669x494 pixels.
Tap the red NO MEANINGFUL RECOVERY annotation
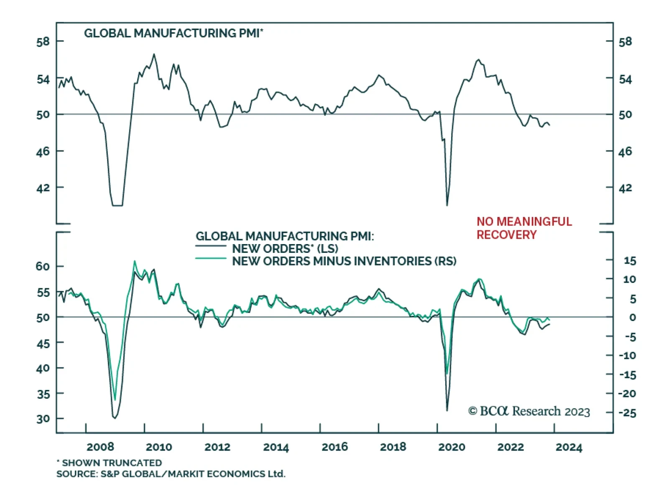[x=524, y=228]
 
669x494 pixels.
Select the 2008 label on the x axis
[x=100, y=447]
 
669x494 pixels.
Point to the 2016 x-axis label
[x=334, y=447]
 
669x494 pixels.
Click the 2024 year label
[x=569, y=447]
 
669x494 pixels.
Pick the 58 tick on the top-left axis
[x=43, y=42]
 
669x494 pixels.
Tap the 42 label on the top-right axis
[x=625, y=188]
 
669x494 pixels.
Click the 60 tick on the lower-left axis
[x=43, y=266]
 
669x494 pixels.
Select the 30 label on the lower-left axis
[x=43, y=419]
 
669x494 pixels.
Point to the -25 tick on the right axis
[x=627, y=413]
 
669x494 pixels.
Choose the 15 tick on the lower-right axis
[x=630, y=261]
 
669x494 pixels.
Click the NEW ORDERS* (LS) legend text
[x=285, y=249]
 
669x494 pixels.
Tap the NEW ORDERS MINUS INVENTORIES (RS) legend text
[x=344, y=261]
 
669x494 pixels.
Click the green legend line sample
[x=211, y=259]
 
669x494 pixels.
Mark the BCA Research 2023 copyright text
[x=529, y=411]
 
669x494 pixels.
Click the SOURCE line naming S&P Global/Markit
[x=171, y=474]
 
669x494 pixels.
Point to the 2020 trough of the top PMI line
[x=447, y=205]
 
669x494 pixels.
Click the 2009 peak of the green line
[x=135, y=261]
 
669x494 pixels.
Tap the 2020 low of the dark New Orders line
[x=447, y=410]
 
